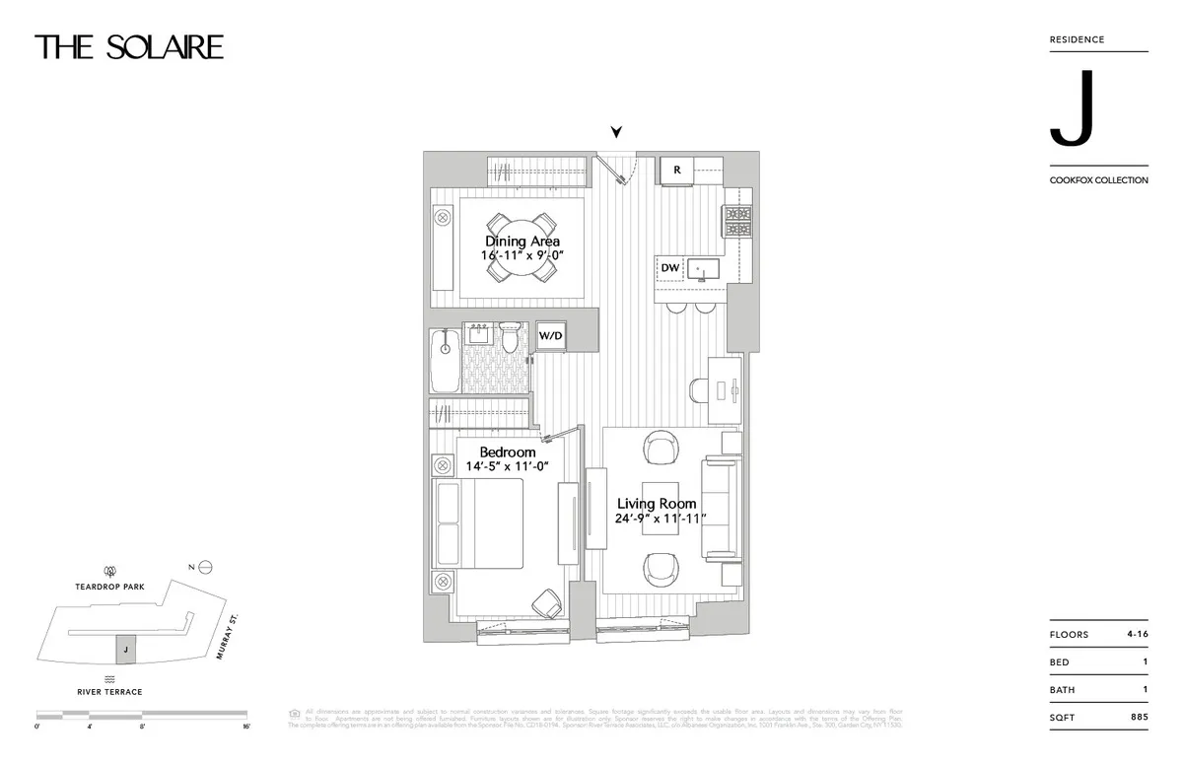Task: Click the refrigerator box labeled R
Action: point(677,171)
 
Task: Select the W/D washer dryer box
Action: point(550,335)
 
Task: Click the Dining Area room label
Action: point(522,242)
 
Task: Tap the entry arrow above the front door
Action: point(617,131)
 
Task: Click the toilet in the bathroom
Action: point(510,337)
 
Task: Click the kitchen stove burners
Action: point(737,221)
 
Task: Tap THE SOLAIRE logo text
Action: point(129,46)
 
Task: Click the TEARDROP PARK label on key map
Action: point(110,586)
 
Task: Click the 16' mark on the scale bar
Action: point(245,726)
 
